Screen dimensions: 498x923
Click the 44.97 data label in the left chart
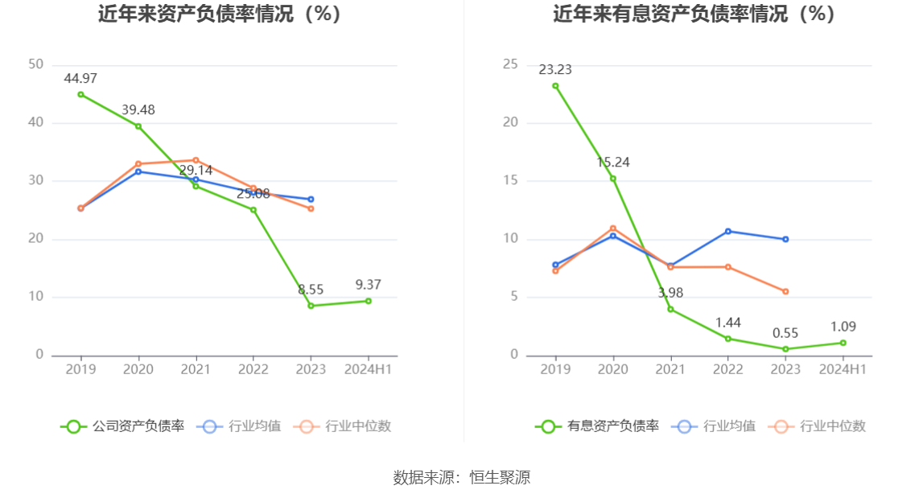pyautogui.click(x=80, y=78)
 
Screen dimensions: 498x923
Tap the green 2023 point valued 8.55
pyautogui.click(x=311, y=306)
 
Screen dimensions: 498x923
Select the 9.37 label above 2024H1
pyautogui.click(x=369, y=285)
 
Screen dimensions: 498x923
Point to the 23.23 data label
pyautogui.click(x=555, y=70)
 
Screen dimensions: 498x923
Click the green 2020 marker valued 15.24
pyautogui.click(x=613, y=179)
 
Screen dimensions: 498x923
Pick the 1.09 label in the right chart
pyautogui.click(x=843, y=327)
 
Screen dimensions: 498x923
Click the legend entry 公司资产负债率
pyautogui.click(x=122, y=426)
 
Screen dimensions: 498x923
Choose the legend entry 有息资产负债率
pyautogui.click(x=597, y=426)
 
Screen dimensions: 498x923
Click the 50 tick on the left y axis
pyautogui.click(x=35, y=64)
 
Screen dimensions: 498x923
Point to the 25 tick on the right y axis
pyautogui.click(x=510, y=64)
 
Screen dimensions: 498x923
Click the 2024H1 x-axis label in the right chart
pyautogui.click(x=843, y=369)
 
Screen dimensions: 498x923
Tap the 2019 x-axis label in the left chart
pyautogui.click(x=80, y=369)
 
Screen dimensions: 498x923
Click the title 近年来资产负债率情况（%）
pyautogui.click(x=220, y=14)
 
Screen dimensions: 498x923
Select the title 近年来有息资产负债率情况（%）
pyautogui.click(x=694, y=14)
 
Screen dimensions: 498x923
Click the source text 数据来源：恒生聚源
pyautogui.click(x=462, y=477)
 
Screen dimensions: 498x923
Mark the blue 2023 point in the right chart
pyautogui.click(x=785, y=239)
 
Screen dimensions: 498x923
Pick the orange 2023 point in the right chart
pyautogui.click(x=785, y=291)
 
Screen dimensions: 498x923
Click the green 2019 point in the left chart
pyautogui.click(x=80, y=94)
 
